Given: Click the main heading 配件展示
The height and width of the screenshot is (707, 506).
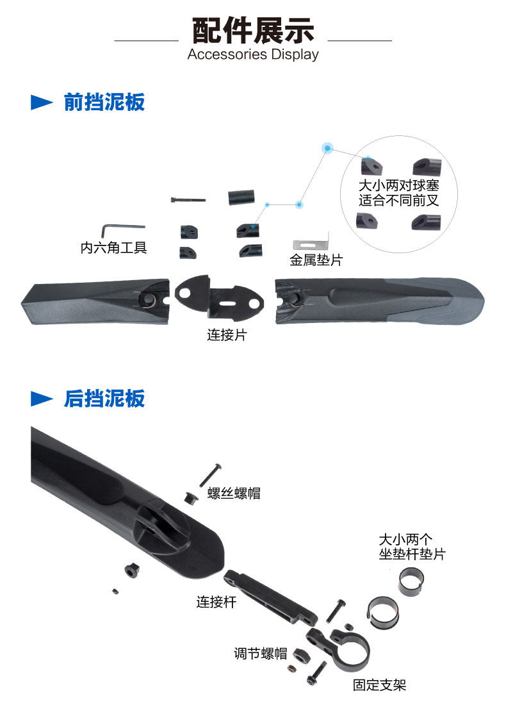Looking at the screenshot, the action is coord(253,31).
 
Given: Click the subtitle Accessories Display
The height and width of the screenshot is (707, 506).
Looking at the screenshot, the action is coord(253,54).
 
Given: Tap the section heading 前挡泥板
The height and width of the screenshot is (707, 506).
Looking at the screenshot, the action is coord(104,102).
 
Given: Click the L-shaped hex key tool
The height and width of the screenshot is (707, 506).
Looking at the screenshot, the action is coord(123,228).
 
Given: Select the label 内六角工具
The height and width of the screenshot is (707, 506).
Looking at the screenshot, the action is coord(113,247).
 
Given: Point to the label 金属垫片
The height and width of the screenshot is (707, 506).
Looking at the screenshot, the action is coord(316,261).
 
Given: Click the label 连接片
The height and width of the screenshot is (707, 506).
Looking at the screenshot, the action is coord(226,335).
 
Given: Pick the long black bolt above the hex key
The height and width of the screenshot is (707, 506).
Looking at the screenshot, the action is coord(188,200).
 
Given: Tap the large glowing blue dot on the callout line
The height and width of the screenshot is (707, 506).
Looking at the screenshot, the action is coord(328,148).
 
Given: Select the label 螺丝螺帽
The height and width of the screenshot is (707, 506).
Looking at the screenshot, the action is coord(234,494).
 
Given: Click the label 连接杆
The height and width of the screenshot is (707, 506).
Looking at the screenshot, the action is coord(216,602).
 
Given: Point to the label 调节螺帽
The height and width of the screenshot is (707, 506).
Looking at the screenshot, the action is coord(260,654).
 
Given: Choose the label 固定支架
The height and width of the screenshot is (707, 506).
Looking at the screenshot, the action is coord(379,685).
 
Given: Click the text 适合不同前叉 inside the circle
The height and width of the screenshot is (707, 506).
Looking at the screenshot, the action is coord(399,200).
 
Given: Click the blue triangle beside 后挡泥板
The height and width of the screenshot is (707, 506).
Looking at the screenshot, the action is coord(42,399).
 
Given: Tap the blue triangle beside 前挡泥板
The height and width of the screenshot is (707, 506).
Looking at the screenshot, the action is coord(42,103).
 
